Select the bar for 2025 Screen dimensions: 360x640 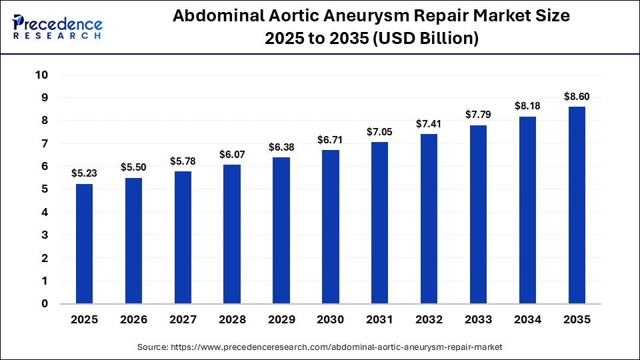tap(84, 244)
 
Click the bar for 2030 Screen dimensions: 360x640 tap(331, 227)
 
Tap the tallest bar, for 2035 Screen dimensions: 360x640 tap(577, 205)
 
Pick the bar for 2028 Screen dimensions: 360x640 tap(232, 234)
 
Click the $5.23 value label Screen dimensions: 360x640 tap(84, 173)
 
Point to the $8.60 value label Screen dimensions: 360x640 tap(577, 97)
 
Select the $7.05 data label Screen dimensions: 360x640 tap(380, 132)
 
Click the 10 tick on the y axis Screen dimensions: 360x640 tap(41, 75)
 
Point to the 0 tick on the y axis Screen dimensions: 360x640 tap(45, 304)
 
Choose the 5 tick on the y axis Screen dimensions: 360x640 tap(45, 189)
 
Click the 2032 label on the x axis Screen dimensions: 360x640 tap(429, 320)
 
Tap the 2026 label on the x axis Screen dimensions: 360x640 tap(133, 320)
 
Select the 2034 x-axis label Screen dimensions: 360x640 tap(527, 320)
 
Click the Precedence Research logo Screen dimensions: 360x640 tap(57, 27)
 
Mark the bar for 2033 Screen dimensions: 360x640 tap(478, 215)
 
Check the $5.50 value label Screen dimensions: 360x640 tap(133, 167)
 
